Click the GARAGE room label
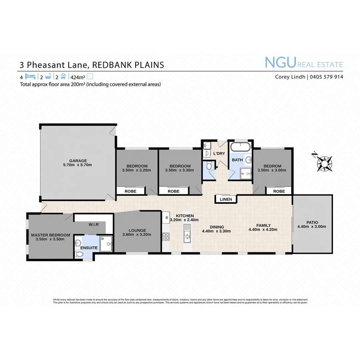(x=78, y=160)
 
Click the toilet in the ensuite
(x=79, y=254)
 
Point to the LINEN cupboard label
(x=226, y=199)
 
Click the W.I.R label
(x=93, y=224)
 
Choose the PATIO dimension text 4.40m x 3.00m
(x=311, y=227)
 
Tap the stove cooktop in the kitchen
(x=166, y=237)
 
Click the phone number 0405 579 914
(x=326, y=77)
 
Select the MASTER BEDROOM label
(x=51, y=235)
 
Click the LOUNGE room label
(x=137, y=230)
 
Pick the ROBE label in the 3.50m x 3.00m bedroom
(x=279, y=191)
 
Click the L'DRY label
(x=219, y=154)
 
